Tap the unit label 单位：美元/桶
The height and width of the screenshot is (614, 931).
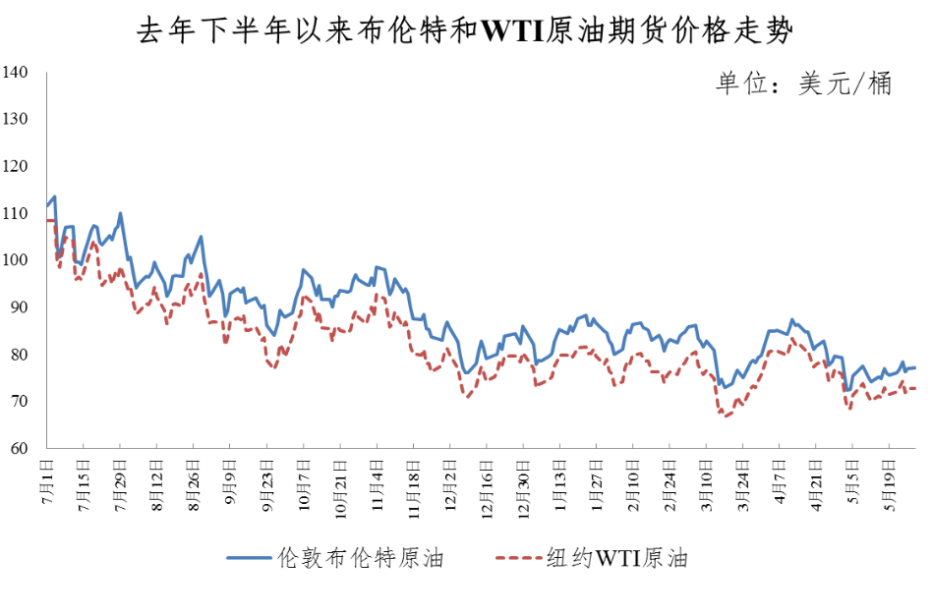point(803,84)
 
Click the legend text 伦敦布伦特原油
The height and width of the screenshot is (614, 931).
point(361,559)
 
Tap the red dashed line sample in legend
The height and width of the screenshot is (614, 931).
point(517,558)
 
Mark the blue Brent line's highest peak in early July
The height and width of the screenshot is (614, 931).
point(54,196)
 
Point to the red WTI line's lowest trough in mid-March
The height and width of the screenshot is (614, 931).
point(725,417)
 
